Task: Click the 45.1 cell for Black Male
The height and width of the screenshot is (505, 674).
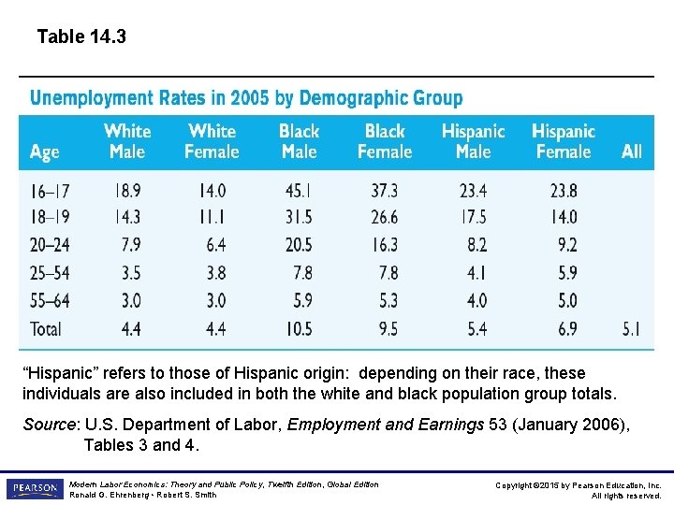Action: click(x=299, y=191)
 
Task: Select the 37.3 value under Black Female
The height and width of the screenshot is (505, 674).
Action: click(x=384, y=191)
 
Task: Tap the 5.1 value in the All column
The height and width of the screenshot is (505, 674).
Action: click(x=632, y=328)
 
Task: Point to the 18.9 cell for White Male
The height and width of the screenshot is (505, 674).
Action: click(x=127, y=191)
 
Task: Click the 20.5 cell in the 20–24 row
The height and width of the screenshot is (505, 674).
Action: click(x=299, y=245)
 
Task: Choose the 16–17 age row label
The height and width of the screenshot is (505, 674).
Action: click(x=50, y=191)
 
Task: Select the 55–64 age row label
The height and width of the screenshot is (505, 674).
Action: click(x=50, y=301)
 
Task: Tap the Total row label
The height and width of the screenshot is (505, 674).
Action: click(x=46, y=328)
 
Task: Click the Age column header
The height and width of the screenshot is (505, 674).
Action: click(x=44, y=151)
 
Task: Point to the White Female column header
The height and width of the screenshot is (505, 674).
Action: click(x=212, y=141)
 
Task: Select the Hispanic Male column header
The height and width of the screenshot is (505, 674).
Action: click(x=473, y=141)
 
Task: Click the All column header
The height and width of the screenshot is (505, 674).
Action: click(x=632, y=151)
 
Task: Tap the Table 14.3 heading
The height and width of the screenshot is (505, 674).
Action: click(x=81, y=37)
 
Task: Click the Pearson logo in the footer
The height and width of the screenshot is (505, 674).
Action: click(x=35, y=488)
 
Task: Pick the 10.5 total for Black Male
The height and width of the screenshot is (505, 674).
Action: click(x=299, y=328)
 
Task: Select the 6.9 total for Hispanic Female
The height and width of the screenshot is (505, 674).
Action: click(x=567, y=328)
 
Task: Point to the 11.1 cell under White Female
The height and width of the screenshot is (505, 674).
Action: click(x=212, y=218)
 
